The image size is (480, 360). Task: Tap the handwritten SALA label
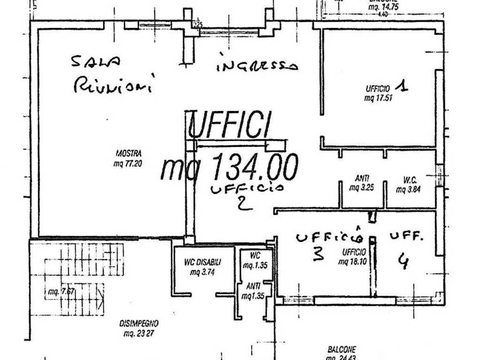tap(96, 62)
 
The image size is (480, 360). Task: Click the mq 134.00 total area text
tap(229, 168)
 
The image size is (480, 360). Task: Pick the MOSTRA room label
tap(128, 153)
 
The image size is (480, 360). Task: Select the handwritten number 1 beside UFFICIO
tap(401, 86)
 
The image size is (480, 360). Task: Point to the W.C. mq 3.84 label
tap(407, 184)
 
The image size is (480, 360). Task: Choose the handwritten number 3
tap(318, 254)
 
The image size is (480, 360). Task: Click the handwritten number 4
tap(402, 261)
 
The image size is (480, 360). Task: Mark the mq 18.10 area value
tap(352, 262)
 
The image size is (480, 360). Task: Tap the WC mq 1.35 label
tap(255, 261)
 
